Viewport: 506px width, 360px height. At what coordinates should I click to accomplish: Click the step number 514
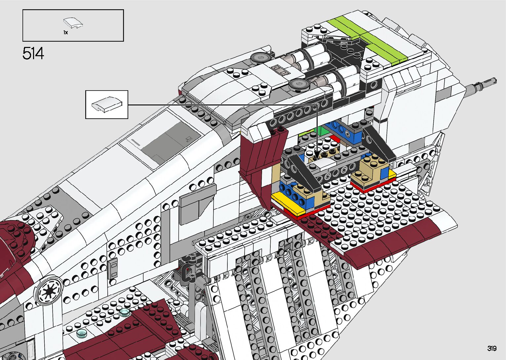33,54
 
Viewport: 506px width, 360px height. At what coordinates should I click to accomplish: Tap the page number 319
491,348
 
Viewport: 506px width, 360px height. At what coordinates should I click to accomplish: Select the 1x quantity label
65,32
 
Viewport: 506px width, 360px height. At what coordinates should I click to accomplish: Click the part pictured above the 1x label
73,23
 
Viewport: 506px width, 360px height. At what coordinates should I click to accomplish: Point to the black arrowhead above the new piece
316,155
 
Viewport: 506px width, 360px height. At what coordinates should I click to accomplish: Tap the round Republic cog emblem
49,290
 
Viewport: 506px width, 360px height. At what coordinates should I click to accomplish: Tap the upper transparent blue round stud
124,312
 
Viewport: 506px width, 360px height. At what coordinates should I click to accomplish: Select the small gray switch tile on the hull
113,268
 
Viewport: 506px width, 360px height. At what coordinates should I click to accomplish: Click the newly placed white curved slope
322,163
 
